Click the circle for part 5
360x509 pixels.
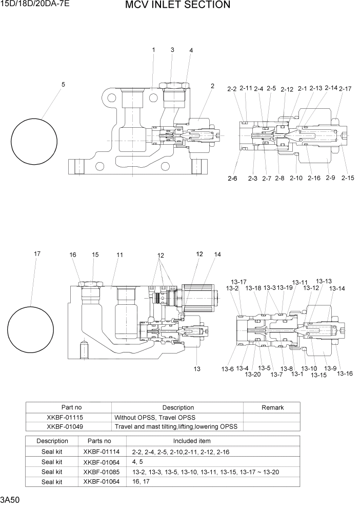click(34, 140)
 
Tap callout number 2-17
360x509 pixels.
click(345, 89)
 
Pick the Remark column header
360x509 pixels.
click(272, 407)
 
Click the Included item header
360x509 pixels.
click(191, 441)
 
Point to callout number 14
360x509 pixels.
click(217, 254)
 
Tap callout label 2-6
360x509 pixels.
click(232, 178)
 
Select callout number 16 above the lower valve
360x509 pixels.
click(73, 255)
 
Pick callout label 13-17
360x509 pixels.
click(238, 282)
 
